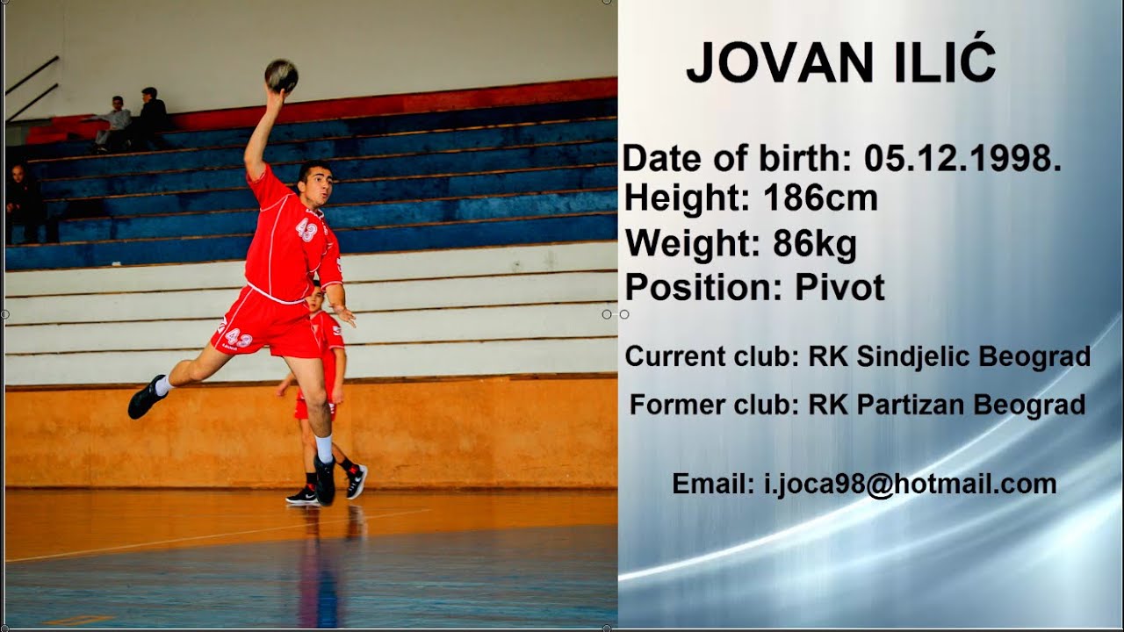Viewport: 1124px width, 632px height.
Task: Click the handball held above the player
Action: pyautogui.click(x=281, y=75)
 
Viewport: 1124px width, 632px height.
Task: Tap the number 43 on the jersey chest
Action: pyautogui.click(x=306, y=230)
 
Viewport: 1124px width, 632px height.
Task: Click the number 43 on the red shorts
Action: pyautogui.click(x=239, y=339)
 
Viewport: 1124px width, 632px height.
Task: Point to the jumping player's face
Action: pyautogui.click(x=315, y=183)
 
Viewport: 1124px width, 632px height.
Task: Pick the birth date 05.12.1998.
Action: pyautogui.click(x=962, y=159)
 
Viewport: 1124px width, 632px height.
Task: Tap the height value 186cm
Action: pyautogui.click(x=820, y=199)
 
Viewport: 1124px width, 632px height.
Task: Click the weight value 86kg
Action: pyautogui.click(x=814, y=244)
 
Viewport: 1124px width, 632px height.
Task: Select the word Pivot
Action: pyautogui.click(x=839, y=288)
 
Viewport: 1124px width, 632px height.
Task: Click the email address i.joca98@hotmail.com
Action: pyautogui.click(x=911, y=484)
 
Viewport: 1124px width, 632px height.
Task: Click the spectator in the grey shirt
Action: pyautogui.click(x=114, y=123)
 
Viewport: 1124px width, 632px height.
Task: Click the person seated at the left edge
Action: pyautogui.click(x=23, y=204)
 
